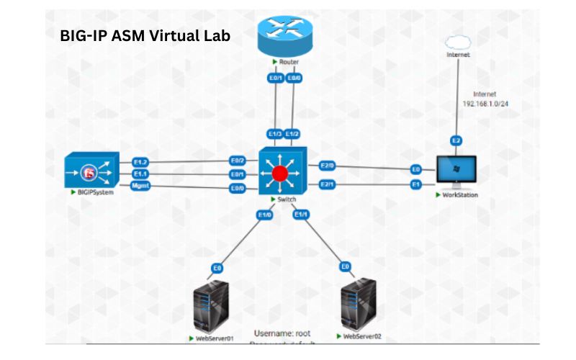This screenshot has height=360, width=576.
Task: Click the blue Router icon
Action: (x=284, y=37)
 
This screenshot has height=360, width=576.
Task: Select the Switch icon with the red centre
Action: (x=282, y=173)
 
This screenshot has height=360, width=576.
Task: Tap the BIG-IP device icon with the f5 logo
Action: (x=91, y=171)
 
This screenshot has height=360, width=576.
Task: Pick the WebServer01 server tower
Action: (x=212, y=305)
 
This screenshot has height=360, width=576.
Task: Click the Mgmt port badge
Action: (x=140, y=186)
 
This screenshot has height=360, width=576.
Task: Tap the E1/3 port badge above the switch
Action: (x=274, y=134)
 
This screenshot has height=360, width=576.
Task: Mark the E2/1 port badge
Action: (x=328, y=184)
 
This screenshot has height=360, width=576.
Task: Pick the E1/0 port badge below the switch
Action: (x=264, y=214)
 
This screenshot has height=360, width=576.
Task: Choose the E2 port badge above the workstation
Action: (x=455, y=140)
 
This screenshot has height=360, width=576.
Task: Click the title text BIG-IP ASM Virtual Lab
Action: (x=145, y=36)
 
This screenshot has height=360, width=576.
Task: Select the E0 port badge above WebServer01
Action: (x=217, y=268)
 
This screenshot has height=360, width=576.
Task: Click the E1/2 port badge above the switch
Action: (x=292, y=134)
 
